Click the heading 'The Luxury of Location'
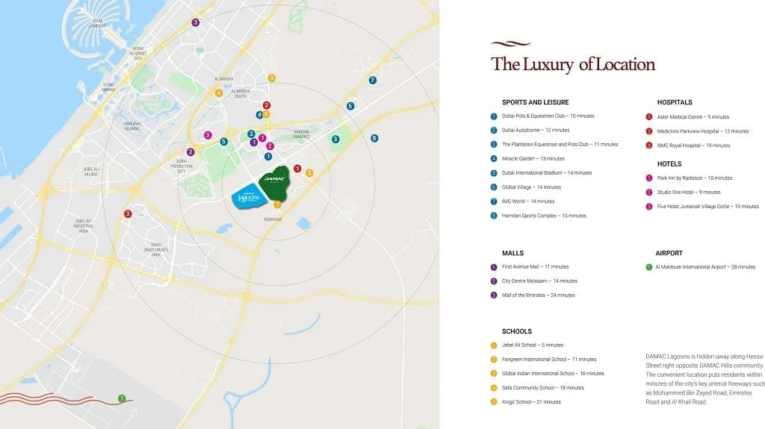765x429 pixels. (x=573, y=64)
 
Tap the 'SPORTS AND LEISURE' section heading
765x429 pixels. (x=535, y=102)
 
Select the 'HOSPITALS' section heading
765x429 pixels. (x=675, y=102)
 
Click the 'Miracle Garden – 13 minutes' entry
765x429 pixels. (x=533, y=159)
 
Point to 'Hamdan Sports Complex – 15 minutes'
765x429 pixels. (x=543, y=216)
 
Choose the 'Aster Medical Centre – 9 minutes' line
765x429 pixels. (x=693, y=117)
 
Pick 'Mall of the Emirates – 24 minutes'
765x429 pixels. (x=538, y=295)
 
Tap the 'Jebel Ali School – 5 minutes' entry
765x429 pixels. (x=532, y=345)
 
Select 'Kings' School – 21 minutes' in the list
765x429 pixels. (x=530, y=402)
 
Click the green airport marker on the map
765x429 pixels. (x=122, y=398)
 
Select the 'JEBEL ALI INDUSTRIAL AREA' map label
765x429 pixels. (x=82, y=225)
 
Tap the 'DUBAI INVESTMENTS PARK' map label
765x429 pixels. (x=155, y=250)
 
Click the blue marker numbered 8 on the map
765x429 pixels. (x=374, y=138)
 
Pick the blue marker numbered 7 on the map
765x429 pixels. (x=372, y=80)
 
